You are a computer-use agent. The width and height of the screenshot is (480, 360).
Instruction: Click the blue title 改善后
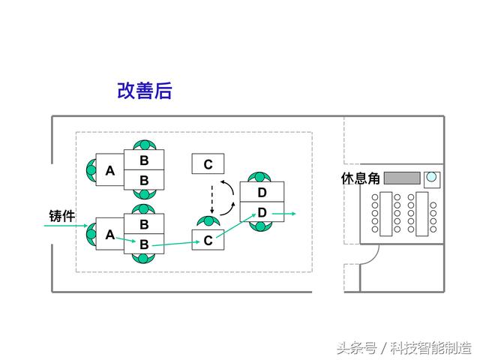(145, 91)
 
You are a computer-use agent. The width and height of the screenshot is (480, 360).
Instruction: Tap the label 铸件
(62, 216)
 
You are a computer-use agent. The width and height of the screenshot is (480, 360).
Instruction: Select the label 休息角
(361, 178)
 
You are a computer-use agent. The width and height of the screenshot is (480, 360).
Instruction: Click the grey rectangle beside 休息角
(402, 178)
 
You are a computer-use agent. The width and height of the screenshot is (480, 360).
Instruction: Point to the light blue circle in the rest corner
(431, 177)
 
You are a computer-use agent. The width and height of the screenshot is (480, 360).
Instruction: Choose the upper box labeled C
(208, 163)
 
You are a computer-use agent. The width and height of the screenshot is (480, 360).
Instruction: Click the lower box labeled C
(208, 240)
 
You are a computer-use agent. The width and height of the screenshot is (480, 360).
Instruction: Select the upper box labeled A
(110, 170)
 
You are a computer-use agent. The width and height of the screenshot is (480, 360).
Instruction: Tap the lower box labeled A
(110, 234)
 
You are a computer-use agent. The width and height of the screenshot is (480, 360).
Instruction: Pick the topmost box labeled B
(144, 160)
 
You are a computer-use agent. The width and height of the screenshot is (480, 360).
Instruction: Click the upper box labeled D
(262, 192)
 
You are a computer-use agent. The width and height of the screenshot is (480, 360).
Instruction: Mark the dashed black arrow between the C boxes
(211, 199)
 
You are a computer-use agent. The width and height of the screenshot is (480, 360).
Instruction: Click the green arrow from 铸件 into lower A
(66, 226)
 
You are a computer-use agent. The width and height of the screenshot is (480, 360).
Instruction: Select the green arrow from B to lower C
(176, 244)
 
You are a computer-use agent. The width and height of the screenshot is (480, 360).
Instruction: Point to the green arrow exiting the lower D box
(284, 213)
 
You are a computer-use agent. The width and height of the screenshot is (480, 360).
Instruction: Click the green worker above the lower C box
(208, 221)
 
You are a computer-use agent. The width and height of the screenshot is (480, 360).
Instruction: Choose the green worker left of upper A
(91, 170)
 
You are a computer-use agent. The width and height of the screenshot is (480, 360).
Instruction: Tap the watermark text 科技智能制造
(430, 348)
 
